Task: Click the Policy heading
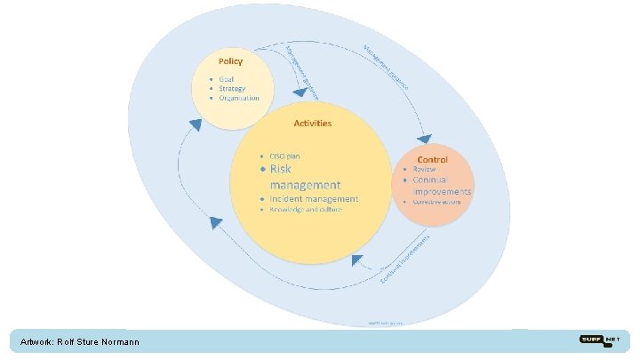tap(230, 61)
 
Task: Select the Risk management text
tap(299, 176)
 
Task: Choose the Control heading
tap(432, 159)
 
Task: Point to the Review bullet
tap(424, 169)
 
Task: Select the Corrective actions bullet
tap(439, 201)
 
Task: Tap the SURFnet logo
tap(600, 340)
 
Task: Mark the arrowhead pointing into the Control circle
tap(424, 139)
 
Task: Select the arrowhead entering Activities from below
tap(358, 260)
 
